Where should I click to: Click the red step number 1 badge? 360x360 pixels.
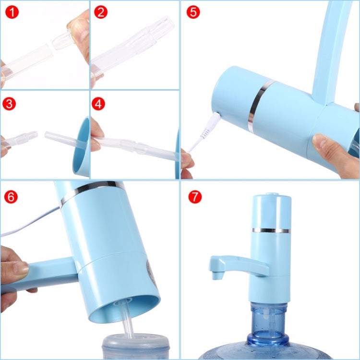tap(12, 12)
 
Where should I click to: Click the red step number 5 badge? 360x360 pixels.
tap(193, 12)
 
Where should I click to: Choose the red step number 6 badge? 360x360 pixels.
tap(11, 196)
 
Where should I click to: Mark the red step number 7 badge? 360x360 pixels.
tap(195, 196)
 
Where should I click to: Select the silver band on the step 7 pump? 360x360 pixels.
tap(272, 230)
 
